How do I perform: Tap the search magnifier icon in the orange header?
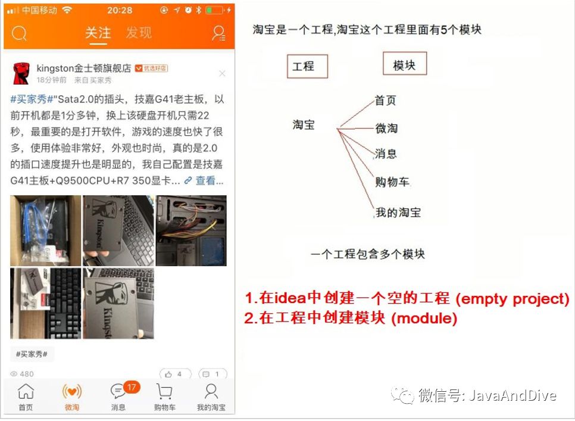[x=19, y=33]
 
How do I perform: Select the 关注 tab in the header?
[x=98, y=33]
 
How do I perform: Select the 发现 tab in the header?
[x=139, y=33]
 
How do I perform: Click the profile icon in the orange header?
[x=218, y=33]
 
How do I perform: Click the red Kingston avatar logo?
[x=21, y=73]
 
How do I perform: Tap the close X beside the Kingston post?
[x=222, y=73]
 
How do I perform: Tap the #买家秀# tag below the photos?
[x=32, y=354]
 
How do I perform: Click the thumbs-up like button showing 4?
[x=175, y=374]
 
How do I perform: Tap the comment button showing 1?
[x=212, y=374]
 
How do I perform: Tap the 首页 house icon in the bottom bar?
[x=26, y=391]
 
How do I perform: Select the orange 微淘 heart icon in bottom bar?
[x=72, y=392]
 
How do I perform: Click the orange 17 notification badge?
[x=132, y=387]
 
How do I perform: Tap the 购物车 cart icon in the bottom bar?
[x=164, y=391]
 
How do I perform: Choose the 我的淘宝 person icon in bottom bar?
[x=211, y=391]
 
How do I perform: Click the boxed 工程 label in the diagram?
[x=307, y=66]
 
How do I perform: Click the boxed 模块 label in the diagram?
[x=405, y=64]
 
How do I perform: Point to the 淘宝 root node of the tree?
[x=304, y=124]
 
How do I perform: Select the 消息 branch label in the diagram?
[x=386, y=153]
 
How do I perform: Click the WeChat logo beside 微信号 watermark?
[x=402, y=395]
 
